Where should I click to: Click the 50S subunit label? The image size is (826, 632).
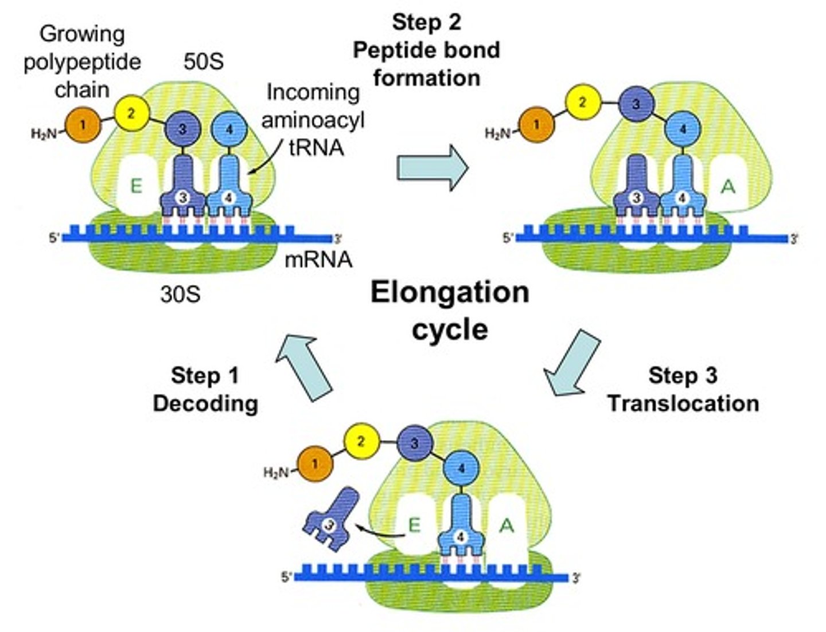pos(203,62)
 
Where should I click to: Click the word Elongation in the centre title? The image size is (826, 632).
pos(449,293)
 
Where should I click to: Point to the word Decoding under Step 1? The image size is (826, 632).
pos(205,403)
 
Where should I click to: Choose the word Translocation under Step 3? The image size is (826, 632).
pos(683,403)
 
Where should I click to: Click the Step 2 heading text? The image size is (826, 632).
pos(426,22)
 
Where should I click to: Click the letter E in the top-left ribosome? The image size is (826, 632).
pos(136,186)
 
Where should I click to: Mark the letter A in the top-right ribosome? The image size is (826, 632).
pos(728,186)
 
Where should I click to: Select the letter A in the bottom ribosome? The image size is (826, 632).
pos(506,525)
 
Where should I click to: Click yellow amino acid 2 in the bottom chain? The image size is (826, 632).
pos(360,442)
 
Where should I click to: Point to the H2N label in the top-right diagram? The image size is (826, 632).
pos(497,134)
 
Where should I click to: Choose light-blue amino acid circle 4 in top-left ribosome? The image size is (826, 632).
pos(229,129)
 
